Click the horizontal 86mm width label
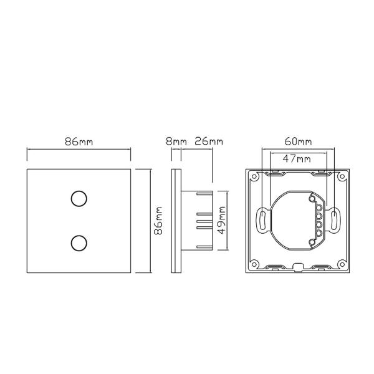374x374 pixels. coord(79,141)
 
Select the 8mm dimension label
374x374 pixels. coord(176,141)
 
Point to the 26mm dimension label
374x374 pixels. coord(208,141)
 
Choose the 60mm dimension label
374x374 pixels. coord(297,141)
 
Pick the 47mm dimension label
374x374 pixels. coord(297,159)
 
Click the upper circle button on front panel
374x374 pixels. coord(79,199)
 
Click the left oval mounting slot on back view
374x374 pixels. coord(262,219)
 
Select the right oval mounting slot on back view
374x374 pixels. coord(335,219)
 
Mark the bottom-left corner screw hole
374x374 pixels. coord(255,264)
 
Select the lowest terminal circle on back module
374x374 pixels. coord(317,236)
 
